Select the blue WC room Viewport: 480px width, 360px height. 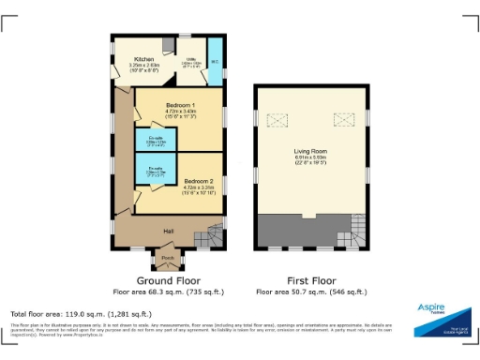click(214, 61)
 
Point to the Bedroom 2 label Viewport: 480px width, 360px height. click(198, 180)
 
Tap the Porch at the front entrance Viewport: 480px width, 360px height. click(168, 258)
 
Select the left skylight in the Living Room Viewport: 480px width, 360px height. click(277, 119)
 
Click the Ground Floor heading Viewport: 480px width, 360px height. click(168, 279)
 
